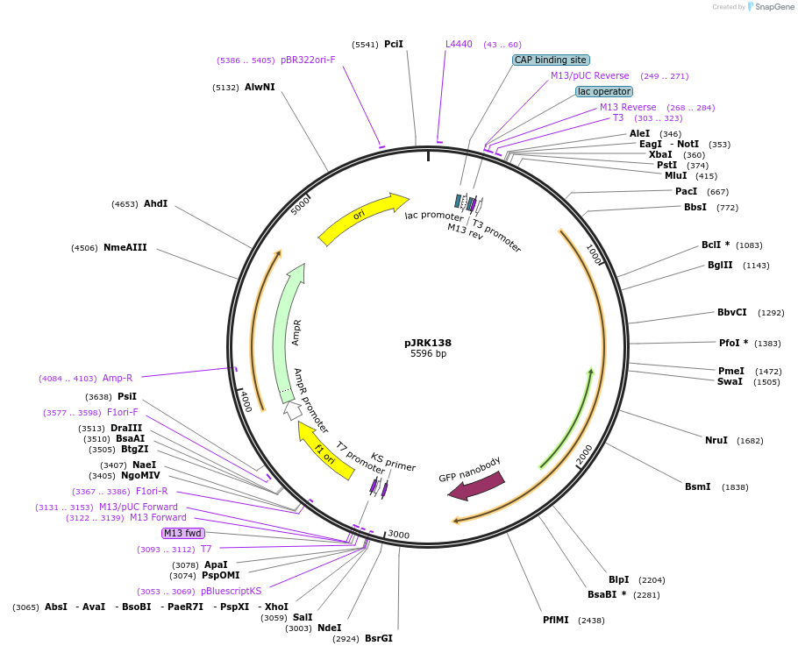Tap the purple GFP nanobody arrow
pos(476,486)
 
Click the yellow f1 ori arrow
pos(325,449)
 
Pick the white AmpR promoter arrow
pos(293,409)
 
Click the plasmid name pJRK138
pos(428,343)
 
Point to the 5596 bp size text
pos(428,354)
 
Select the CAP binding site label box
pos(550,60)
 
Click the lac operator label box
pos(604,91)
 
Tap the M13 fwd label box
pos(182,533)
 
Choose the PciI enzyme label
pos(394,44)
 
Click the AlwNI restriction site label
pos(260,88)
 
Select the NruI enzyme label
pos(716,440)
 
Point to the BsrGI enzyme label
pos(379,638)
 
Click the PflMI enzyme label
pos(556,620)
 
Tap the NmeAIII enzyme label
pos(125,248)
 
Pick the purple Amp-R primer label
pos(118,378)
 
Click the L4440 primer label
pos(459,44)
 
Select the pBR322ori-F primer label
pos(308,60)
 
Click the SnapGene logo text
pos(774,7)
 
